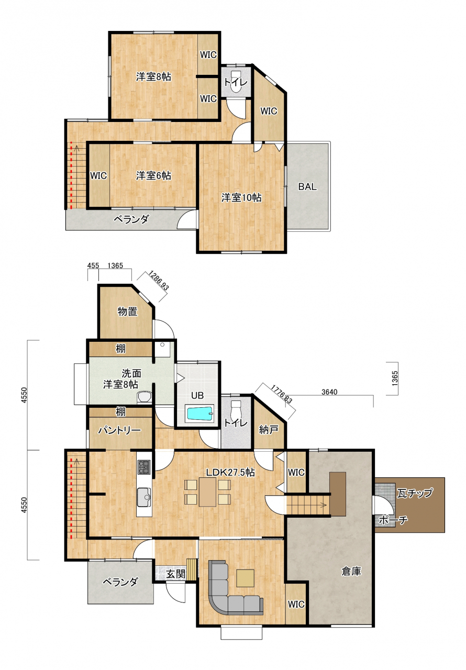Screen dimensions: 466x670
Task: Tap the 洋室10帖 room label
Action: pos(241,197)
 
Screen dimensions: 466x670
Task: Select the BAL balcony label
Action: pos(307,187)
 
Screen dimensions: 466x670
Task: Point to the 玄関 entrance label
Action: pos(176,574)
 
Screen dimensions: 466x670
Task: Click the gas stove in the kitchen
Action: pos(144,466)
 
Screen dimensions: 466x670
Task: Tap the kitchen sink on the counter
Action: pos(144,497)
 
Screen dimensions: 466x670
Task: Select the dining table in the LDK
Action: pos(207,492)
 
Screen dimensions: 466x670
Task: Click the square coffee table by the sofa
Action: pos(245,578)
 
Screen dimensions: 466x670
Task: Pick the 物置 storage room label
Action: pos(127,311)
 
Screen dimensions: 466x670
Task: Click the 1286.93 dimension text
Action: pos(158,281)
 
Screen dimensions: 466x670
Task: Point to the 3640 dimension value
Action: pos(329,392)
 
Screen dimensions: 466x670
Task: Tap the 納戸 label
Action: pos(268,430)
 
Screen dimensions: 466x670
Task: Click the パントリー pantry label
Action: pos(119,430)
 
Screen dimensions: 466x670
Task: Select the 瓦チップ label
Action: pos(415,493)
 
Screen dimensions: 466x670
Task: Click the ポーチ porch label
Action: pos(393,520)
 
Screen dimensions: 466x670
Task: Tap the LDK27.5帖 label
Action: pos(230,472)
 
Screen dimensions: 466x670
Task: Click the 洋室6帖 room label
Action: pos(153,175)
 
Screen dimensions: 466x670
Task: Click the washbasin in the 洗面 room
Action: pos(144,397)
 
